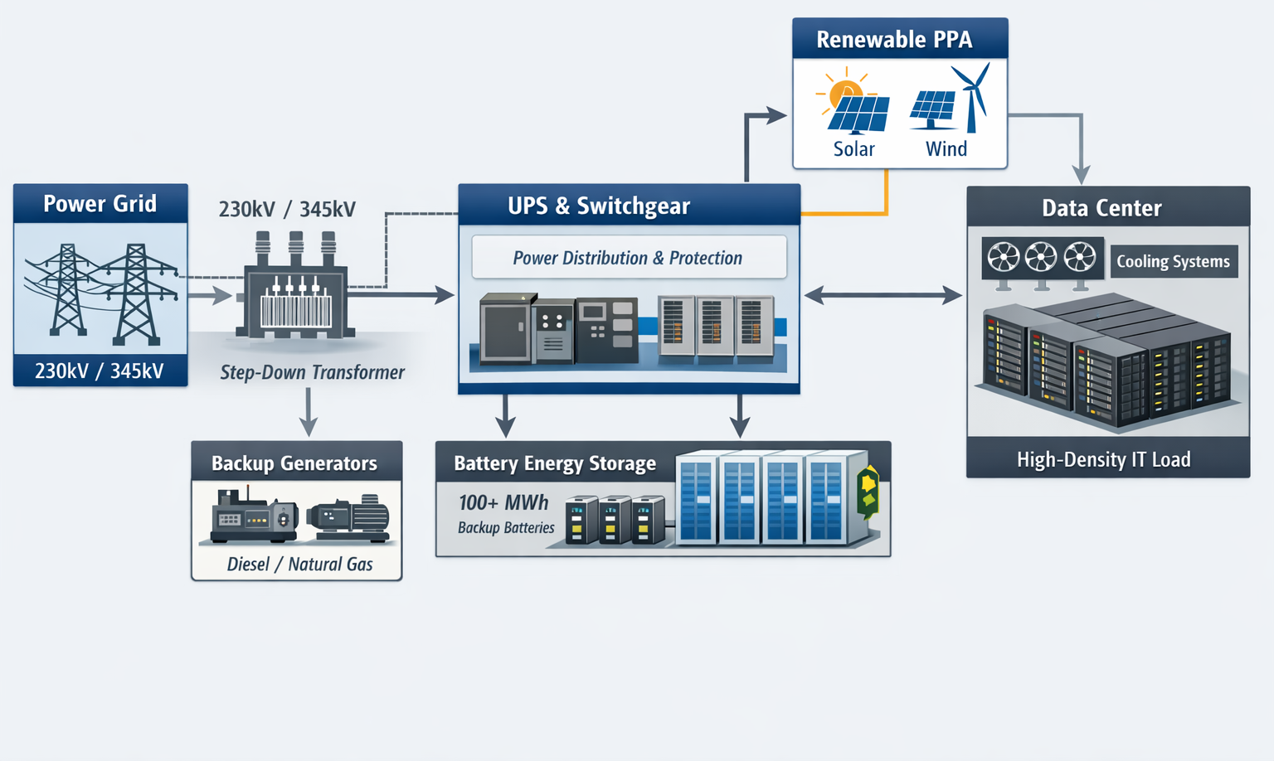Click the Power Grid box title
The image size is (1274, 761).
pos(100,204)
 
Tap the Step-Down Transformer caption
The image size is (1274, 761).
pos(312,373)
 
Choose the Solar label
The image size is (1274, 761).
pos(853,149)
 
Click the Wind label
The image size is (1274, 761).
pos(946,149)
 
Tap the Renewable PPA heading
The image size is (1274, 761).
pos(894,40)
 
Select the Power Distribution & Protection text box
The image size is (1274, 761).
pos(628,258)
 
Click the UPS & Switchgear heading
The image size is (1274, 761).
pos(598,206)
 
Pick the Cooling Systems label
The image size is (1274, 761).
pos(1173,262)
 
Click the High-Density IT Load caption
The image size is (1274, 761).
pos(1103,460)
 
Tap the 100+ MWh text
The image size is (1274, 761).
pos(503,503)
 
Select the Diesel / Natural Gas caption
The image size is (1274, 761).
pos(299,565)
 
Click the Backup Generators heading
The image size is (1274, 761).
pos(294,463)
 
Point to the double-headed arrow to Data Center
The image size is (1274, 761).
pos(883,294)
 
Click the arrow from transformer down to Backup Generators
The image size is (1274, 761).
pos(309,411)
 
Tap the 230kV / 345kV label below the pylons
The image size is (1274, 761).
pos(100,371)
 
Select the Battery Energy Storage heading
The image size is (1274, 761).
pos(554,463)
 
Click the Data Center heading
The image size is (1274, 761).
pos(1101,208)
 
